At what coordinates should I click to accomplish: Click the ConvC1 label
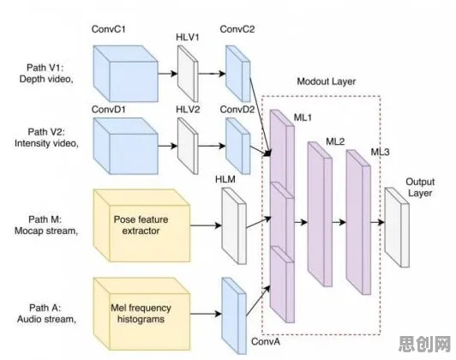pyautogui.click(x=109, y=29)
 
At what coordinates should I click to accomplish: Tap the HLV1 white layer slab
pyautogui.click(x=188, y=73)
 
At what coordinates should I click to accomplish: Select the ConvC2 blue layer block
pyautogui.click(x=238, y=73)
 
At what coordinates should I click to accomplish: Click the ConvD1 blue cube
pyautogui.click(x=126, y=146)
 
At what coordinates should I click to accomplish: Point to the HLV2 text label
pyautogui.click(x=188, y=110)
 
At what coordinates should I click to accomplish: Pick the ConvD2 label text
pyautogui.click(x=237, y=110)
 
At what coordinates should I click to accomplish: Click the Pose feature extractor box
pyautogui.click(x=141, y=225)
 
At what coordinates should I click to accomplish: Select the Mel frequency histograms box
pyautogui.click(x=141, y=314)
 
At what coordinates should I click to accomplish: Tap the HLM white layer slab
pyautogui.click(x=234, y=225)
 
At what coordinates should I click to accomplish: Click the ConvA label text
pyautogui.click(x=266, y=341)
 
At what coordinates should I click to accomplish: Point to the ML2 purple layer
pyautogui.click(x=320, y=214)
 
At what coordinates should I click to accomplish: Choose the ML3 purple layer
pyautogui.click(x=358, y=222)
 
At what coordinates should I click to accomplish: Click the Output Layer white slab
pyautogui.click(x=397, y=227)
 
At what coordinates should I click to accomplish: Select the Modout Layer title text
pyautogui.click(x=327, y=81)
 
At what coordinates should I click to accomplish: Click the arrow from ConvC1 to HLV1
pyautogui.click(x=168, y=73)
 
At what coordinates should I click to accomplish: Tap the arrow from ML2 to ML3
pyautogui.click(x=339, y=223)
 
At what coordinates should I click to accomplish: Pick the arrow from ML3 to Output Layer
pyautogui.click(x=377, y=223)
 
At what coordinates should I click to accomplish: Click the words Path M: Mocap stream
pyautogui.click(x=46, y=225)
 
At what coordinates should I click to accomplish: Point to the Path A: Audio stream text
pyautogui.click(x=46, y=314)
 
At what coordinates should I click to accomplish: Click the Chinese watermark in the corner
pyautogui.click(x=424, y=344)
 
